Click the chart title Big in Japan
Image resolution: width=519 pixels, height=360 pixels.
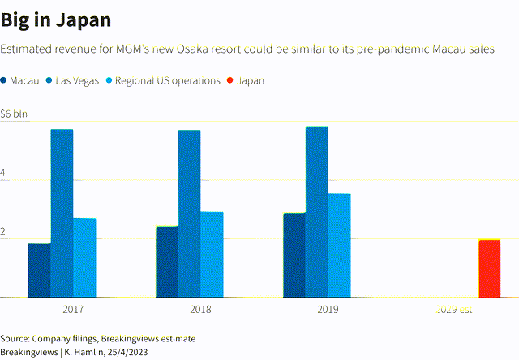[56, 19]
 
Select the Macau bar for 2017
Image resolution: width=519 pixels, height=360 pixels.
[39, 270]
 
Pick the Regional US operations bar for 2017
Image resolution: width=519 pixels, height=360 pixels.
[84, 257]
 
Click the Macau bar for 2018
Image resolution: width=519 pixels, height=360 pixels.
[167, 262]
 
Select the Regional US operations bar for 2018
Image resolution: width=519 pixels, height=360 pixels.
[212, 254]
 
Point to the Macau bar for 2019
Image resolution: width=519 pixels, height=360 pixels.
[294, 255]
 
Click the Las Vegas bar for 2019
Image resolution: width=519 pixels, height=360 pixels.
[317, 212]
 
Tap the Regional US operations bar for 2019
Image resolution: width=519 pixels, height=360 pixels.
[339, 245]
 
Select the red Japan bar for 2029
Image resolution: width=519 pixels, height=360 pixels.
[489, 268]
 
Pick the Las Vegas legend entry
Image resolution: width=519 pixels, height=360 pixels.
[78, 80]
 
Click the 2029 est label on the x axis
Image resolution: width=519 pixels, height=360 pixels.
[454, 309]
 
